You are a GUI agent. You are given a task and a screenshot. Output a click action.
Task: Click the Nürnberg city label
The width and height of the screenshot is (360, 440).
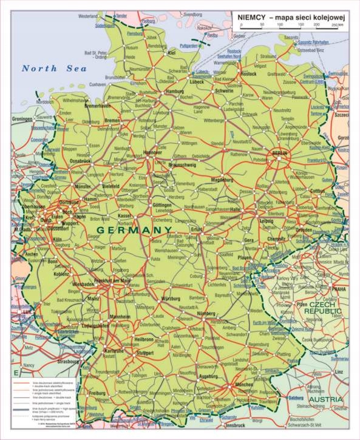(206, 313)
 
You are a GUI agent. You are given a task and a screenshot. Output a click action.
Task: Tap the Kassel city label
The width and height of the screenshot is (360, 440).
(124, 215)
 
